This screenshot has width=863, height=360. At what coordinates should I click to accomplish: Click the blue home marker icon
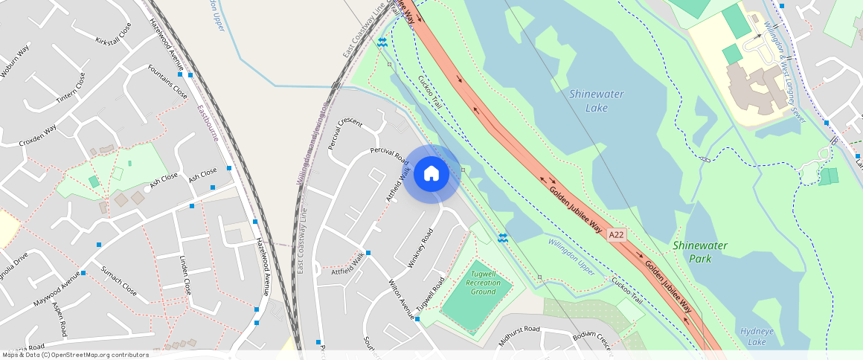coord(431,174)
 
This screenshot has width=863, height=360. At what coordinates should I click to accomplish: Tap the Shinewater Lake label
coord(596,100)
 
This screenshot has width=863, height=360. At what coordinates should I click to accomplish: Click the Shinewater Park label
coord(700,251)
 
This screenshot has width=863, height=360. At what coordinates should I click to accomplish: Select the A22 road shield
coord(615,235)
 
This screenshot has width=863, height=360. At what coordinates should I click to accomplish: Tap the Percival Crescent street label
coord(344,132)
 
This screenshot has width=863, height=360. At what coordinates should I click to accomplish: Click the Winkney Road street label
coord(420,248)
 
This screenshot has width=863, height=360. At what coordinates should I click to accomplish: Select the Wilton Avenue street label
coord(401,300)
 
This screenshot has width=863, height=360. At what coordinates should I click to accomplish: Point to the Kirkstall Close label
coord(113,33)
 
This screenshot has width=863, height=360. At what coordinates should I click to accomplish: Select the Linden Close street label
coord(185,275)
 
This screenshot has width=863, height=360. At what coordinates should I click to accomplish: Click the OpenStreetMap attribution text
coord(74,355)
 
